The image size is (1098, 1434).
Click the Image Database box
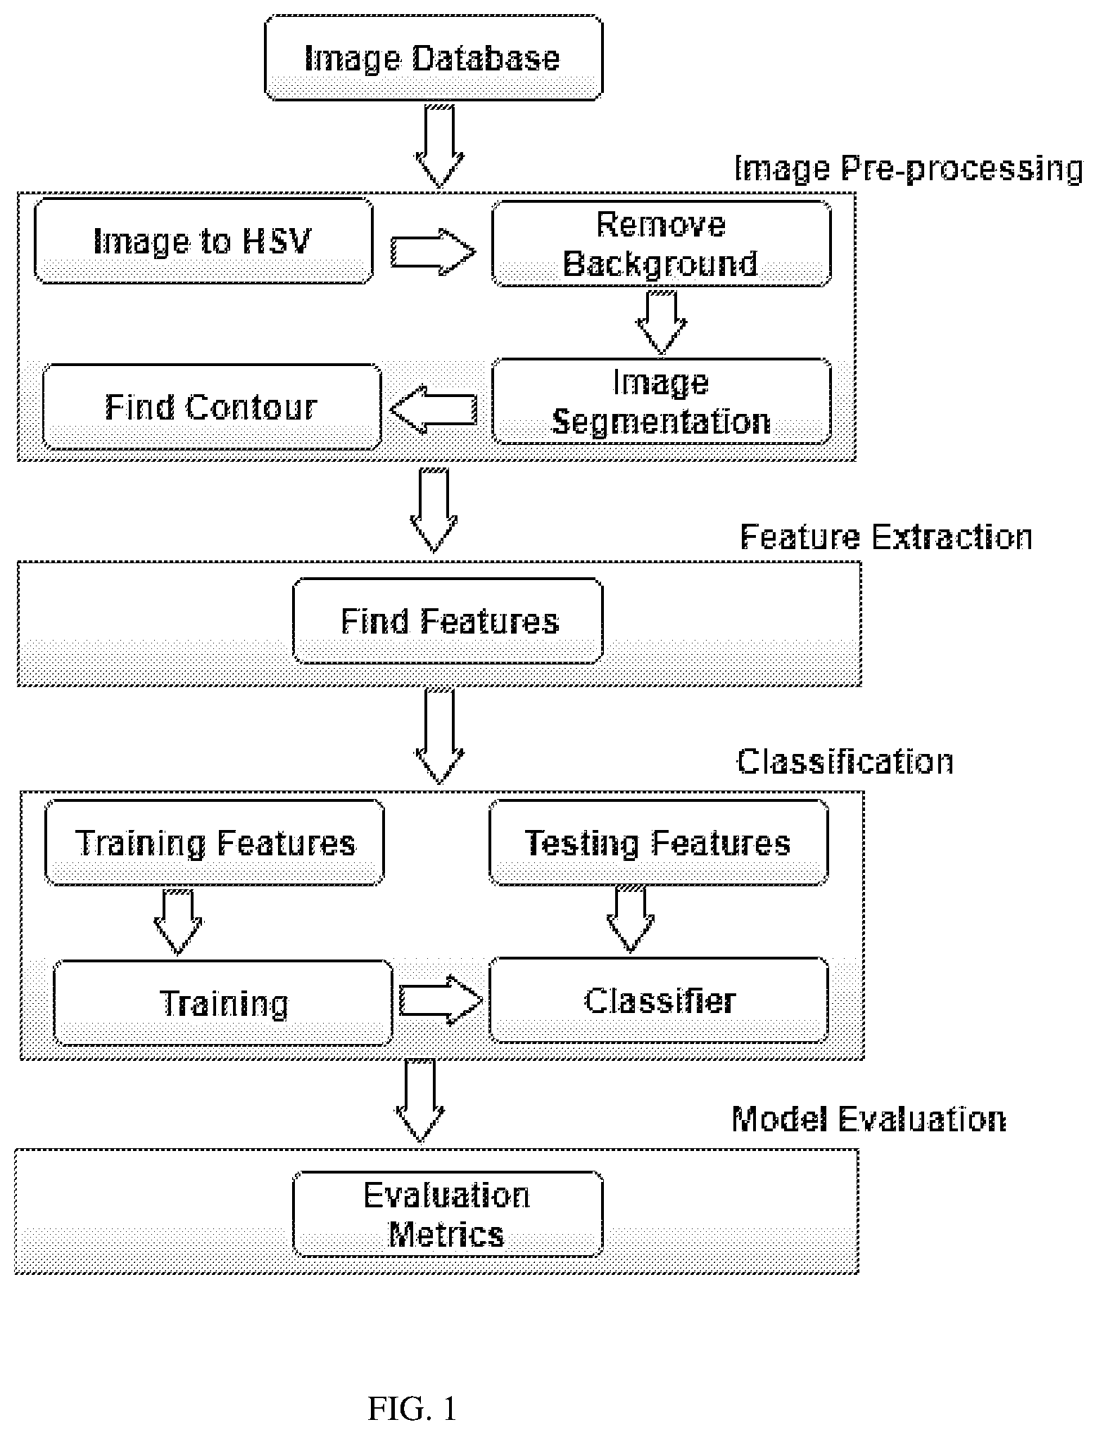(434, 57)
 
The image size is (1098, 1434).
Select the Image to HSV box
(203, 241)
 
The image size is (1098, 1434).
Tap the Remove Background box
(661, 244)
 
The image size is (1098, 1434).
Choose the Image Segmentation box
(661, 401)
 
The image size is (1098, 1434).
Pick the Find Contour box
(212, 406)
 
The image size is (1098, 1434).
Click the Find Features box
(448, 621)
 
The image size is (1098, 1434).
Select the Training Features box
(215, 842)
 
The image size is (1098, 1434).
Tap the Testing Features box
(659, 842)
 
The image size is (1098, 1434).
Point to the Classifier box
(659, 1000)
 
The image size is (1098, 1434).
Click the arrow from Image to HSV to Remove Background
(433, 251)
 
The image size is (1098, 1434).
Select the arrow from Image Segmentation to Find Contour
(433, 408)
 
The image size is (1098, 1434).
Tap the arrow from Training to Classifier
(441, 1000)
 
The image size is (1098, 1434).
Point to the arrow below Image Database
(440, 146)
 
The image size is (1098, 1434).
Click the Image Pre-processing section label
(909, 169)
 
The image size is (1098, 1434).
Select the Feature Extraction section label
(886, 537)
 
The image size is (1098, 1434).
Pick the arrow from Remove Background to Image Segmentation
(661, 322)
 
